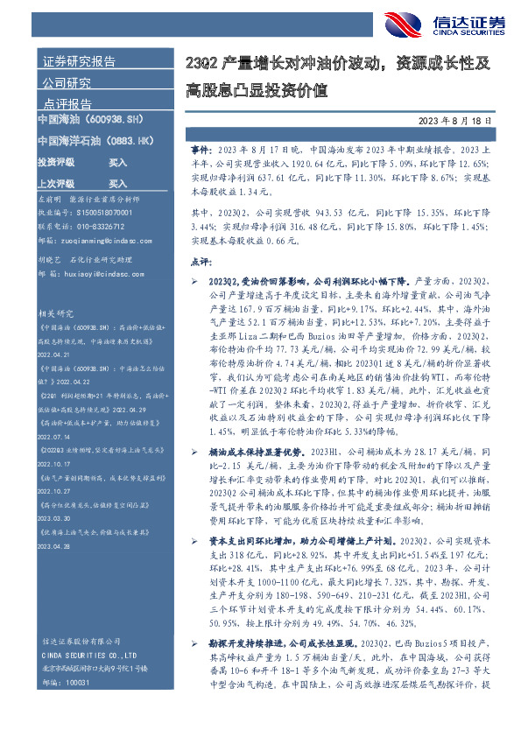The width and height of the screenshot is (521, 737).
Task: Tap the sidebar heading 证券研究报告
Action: point(80,63)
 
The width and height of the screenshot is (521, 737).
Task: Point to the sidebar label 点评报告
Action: point(67,104)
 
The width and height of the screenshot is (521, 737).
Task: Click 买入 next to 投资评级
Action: point(117,163)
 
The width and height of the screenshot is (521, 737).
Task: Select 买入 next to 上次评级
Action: point(117,184)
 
